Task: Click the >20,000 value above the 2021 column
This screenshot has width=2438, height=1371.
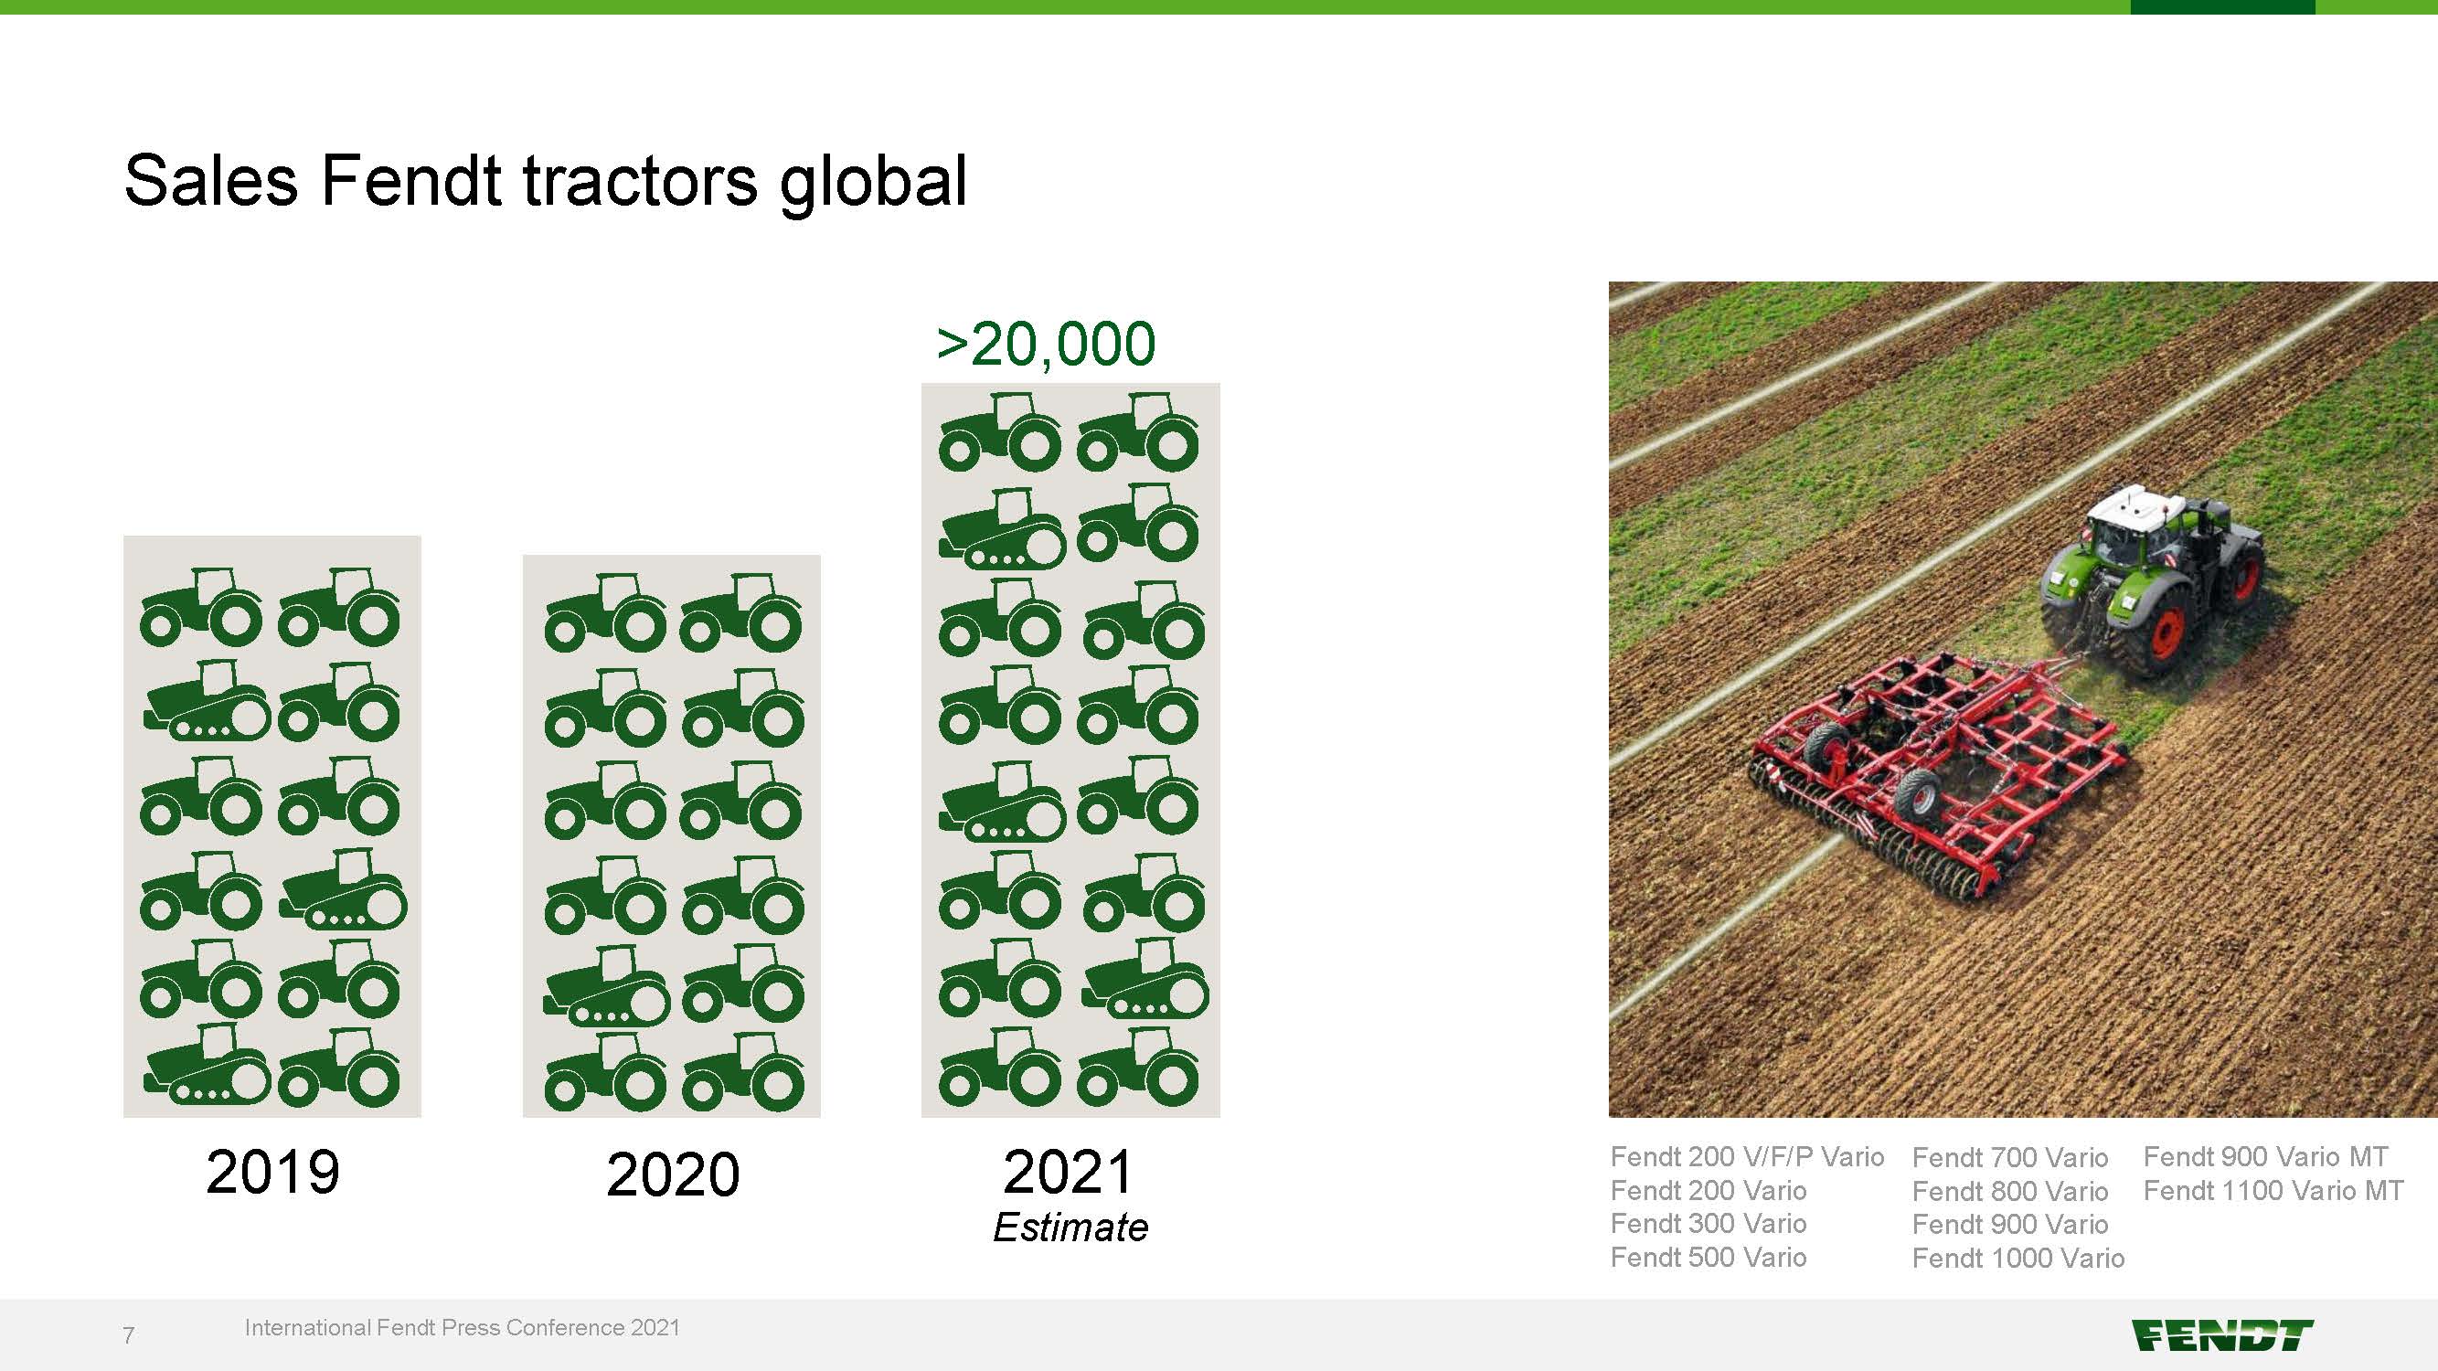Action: click(1046, 344)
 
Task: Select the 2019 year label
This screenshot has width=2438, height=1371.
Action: click(272, 1173)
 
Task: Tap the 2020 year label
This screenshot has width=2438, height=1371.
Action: click(673, 1174)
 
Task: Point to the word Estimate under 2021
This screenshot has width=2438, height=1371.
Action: click(1070, 1228)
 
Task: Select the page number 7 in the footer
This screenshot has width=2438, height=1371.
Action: click(129, 1335)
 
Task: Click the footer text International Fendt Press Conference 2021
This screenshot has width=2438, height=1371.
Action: click(462, 1327)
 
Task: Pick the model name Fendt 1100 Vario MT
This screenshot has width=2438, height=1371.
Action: click(2273, 1190)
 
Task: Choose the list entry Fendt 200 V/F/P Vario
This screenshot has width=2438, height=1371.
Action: click(1747, 1156)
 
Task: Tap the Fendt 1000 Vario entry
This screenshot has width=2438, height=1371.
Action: click(2017, 1258)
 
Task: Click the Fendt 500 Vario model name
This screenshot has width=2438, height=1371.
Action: click(1709, 1257)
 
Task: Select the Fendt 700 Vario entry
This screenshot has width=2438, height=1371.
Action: click(2009, 1157)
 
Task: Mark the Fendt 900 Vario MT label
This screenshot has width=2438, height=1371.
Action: click(2265, 1156)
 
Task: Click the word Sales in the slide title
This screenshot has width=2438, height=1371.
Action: click(211, 180)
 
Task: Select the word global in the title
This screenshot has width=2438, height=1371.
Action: click(873, 183)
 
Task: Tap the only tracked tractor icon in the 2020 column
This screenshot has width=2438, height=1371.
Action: click(607, 987)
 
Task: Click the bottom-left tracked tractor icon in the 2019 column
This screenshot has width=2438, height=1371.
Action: click(207, 1065)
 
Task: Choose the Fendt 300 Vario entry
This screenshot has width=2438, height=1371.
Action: click(1709, 1224)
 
